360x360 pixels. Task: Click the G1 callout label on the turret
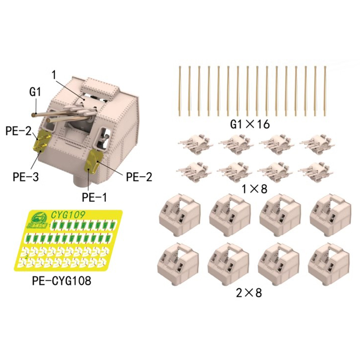[35, 92]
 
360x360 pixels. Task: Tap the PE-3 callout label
[26, 177]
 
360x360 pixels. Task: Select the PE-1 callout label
[95, 197]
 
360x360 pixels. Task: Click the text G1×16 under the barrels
[250, 124]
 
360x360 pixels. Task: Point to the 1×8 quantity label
[254, 189]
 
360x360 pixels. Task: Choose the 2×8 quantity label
[249, 293]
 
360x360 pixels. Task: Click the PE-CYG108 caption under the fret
[61, 281]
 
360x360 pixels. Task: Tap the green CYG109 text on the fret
[68, 215]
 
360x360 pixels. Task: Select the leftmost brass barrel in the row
[180, 91]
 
